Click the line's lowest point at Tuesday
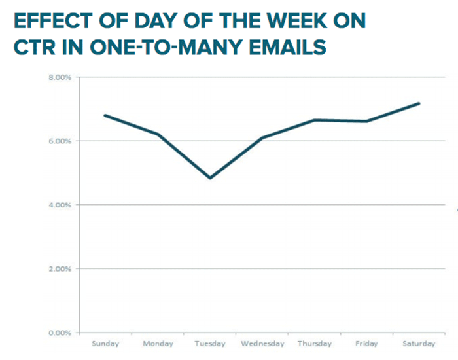tap(210, 178)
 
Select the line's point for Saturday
tap(419, 103)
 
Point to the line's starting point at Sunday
tap(105, 115)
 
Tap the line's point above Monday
tap(158, 134)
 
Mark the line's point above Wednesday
tap(262, 138)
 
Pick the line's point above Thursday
tap(315, 120)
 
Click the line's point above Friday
tap(366, 121)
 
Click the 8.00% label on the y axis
tap(60, 77)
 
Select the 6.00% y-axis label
tap(60, 141)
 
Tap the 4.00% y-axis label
tap(60, 205)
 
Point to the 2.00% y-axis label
tap(60, 269)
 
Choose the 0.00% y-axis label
tap(60, 333)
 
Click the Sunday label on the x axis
tap(105, 344)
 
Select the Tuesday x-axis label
tap(210, 344)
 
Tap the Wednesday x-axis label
tap(262, 344)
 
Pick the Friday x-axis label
tap(366, 344)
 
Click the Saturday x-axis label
tap(419, 344)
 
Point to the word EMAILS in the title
tap(287, 47)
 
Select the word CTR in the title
tap(35, 47)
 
